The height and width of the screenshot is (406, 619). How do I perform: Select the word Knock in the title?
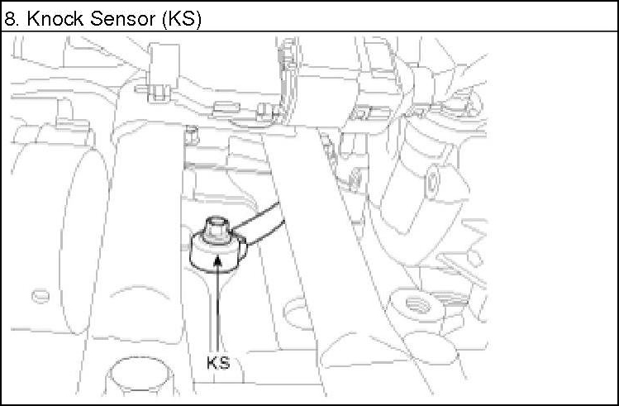coord(55,18)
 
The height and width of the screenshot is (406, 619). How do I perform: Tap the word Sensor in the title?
coord(122,18)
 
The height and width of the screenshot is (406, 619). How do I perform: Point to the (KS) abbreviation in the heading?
coord(182,19)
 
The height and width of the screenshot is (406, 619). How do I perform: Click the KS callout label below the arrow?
coord(218,362)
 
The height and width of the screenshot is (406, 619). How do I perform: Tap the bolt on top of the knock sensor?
coord(216,228)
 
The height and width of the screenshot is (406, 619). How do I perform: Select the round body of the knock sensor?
coord(218,253)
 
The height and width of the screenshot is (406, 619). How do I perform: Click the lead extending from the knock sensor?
coord(259,223)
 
